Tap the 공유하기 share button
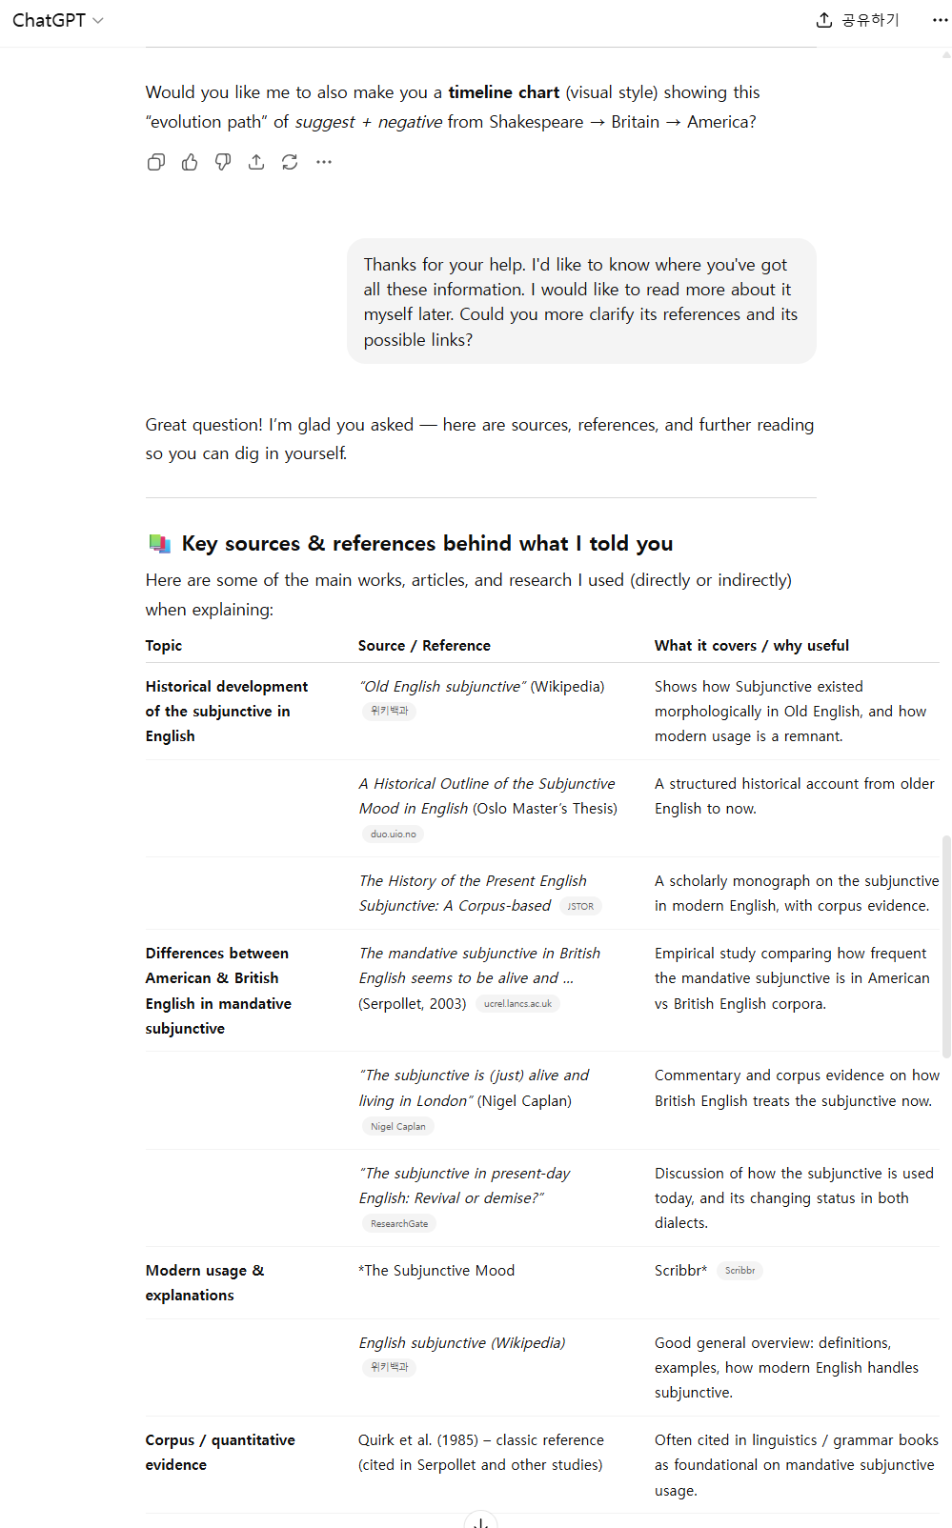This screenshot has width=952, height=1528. click(x=858, y=20)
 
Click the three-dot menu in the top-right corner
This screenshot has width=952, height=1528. click(x=940, y=20)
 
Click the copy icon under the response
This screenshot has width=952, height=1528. click(x=156, y=162)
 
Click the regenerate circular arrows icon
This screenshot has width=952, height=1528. click(x=290, y=162)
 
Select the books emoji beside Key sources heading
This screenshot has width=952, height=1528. click(x=159, y=544)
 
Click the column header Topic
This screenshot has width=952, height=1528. click(x=164, y=646)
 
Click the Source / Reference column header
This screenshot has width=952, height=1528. click(x=424, y=646)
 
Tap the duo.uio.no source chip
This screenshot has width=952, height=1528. click(x=393, y=834)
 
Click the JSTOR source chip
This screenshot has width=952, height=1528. click(x=580, y=907)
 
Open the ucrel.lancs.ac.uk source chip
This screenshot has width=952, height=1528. click(x=517, y=1004)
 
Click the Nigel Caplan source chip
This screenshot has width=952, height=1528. click(x=397, y=1126)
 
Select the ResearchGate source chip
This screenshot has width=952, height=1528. click(x=398, y=1223)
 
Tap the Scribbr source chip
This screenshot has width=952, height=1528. click(x=739, y=1271)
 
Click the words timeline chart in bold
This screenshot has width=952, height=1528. click(x=503, y=92)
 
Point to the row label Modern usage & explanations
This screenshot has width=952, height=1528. click(x=204, y=1282)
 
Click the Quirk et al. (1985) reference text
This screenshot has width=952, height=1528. click(x=419, y=1440)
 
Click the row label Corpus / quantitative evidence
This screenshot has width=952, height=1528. click(x=219, y=1452)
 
